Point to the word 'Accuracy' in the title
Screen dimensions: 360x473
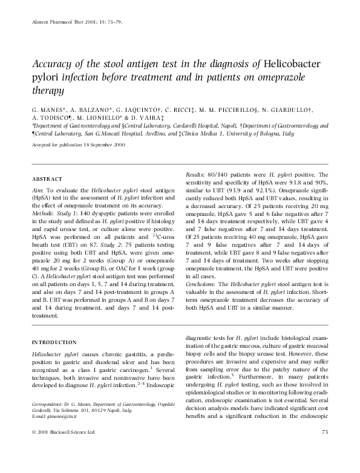pyautogui.click(x=53, y=65)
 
